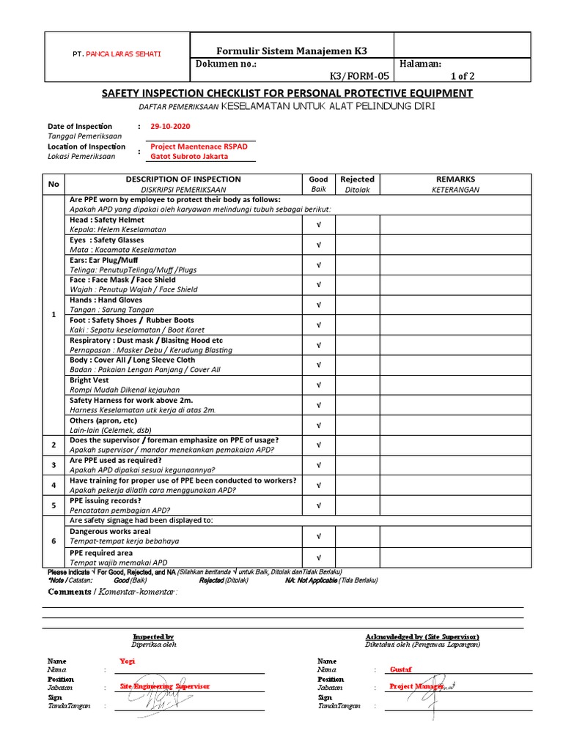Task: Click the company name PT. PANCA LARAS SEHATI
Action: click(x=117, y=55)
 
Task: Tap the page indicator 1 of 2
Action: click(x=463, y=75)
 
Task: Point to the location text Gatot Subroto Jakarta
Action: click(x=189, y=156)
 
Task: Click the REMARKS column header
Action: click(x=455, y=179)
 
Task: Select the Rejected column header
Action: click(x=358, y=179)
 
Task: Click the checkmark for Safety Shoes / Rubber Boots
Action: click(x=318, y=325)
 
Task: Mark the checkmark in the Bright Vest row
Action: click(x=318, y=385)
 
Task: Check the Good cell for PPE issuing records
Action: click(x=318, y=505)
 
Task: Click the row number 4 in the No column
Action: click(x=54, y=485)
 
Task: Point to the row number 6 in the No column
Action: click(x=54, y=541)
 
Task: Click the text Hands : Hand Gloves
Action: click(x=106, y=300)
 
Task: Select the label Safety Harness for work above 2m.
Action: click(x=130, y=401)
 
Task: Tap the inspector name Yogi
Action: click(x=128, y=661)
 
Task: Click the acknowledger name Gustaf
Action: click(x=401, y=669)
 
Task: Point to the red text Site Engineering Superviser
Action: click(x=165, y=686)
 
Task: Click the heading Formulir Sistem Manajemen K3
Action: click(x=291, y=51)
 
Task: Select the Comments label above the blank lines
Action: click(x=70, y=592)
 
